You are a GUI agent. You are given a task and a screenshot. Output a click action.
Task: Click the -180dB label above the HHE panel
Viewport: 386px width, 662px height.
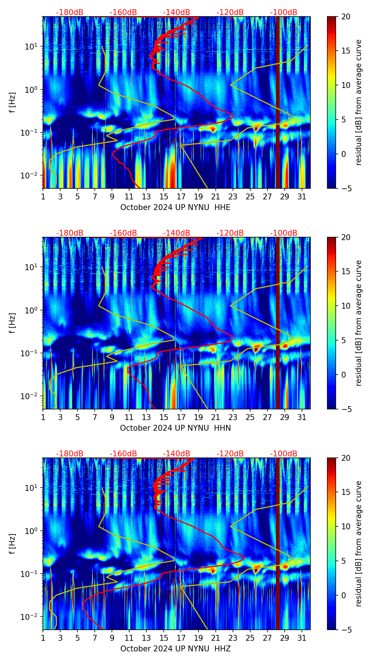point(70,12)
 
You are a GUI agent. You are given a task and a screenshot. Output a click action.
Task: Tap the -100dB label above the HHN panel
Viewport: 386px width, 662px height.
point(284,233)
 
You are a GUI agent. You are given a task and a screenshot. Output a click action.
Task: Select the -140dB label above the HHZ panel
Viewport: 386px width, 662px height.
point(176,454)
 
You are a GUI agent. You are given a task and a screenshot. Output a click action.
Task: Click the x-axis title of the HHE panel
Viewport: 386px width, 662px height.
point(175,207)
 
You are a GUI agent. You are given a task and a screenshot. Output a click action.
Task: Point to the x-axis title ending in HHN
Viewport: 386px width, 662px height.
point(175,428)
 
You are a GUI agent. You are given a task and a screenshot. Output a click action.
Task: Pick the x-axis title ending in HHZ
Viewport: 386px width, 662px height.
point(175,649)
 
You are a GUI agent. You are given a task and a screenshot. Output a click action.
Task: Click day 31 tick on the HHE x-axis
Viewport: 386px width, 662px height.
point(302,196)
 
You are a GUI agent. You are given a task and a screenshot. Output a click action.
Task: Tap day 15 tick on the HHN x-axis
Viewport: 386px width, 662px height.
point(164,417)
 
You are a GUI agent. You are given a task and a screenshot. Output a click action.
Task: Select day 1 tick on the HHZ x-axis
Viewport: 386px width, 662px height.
point(43,638)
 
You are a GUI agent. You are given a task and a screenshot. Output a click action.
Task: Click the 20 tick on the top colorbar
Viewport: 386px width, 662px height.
point(346,17)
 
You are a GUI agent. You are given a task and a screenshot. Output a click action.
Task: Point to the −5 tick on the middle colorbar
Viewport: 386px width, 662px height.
point(344,409)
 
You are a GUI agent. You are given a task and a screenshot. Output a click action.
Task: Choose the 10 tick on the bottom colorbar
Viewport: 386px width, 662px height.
point(346,526)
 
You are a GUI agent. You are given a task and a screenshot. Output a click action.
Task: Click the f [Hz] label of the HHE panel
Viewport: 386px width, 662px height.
point(12,103)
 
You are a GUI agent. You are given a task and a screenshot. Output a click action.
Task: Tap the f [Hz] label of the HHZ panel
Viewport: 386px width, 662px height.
point(12,544)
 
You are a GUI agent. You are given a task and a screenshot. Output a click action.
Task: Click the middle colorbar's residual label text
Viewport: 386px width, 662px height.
point(359,323)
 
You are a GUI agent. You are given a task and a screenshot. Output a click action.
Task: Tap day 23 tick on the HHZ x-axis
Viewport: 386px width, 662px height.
point(233,638)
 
